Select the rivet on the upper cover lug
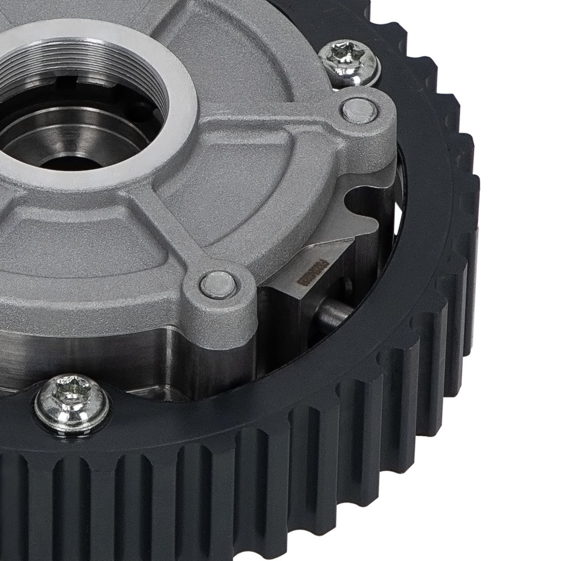pyautogui.click(x=358, y=111)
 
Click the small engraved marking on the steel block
pyautogui.click(x=307, y=275)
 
